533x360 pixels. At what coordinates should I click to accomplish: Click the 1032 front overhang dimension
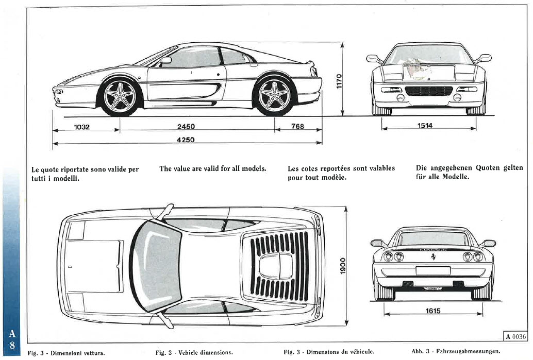click(x=82, y=127)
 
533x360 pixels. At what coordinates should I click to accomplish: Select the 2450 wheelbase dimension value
click(x=186, y=126)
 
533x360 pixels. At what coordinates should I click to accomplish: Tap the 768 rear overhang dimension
click(x=298, y=126)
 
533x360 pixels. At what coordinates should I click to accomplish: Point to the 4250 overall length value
click(x=186, y=140)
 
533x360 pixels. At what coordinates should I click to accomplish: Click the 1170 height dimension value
click(x=339, y=81)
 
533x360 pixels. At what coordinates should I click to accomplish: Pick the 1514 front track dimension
click(x=425, y=126)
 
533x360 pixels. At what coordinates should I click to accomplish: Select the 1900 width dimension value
click(x=343, y=266)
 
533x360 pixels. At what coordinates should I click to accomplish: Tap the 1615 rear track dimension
click(x=433, y=311)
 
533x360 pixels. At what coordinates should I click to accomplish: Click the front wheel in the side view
click(x=120, y=97)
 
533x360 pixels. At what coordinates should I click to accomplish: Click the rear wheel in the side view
click(x=274, y=96)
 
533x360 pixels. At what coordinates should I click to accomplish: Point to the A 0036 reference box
click(x=515, y=336)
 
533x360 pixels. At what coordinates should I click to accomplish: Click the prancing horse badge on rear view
click(x=434, y=256)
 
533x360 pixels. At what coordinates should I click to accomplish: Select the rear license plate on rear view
click(x=433, y=271)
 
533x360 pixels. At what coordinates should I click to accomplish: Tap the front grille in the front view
click(x=429, y=91)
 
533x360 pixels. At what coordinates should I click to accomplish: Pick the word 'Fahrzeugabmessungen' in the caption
click(x=468, y=352)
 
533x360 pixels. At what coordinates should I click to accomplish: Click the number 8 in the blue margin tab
click(x=12, y=346)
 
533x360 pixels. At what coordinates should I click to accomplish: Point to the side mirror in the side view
click(x=165, y=60)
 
